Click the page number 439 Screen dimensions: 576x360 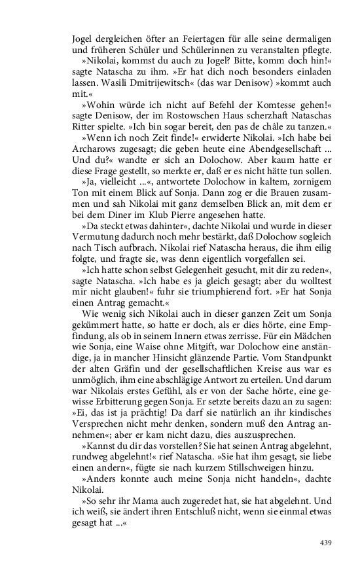[x=327, y=541]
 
